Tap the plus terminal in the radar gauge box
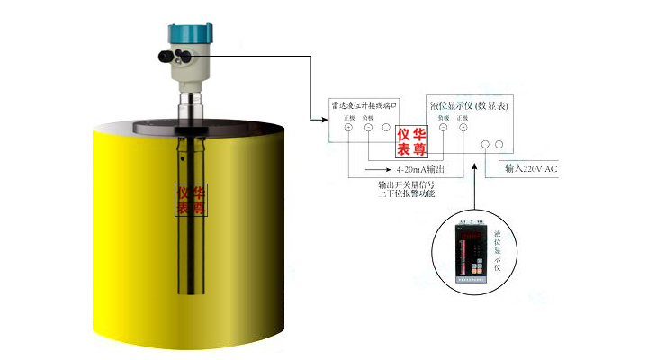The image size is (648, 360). (348, 129)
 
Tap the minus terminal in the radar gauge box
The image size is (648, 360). (368, 129)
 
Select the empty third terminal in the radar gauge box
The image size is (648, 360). (386, 129)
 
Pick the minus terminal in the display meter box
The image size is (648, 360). (443, 129)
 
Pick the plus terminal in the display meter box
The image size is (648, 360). (463, 129)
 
